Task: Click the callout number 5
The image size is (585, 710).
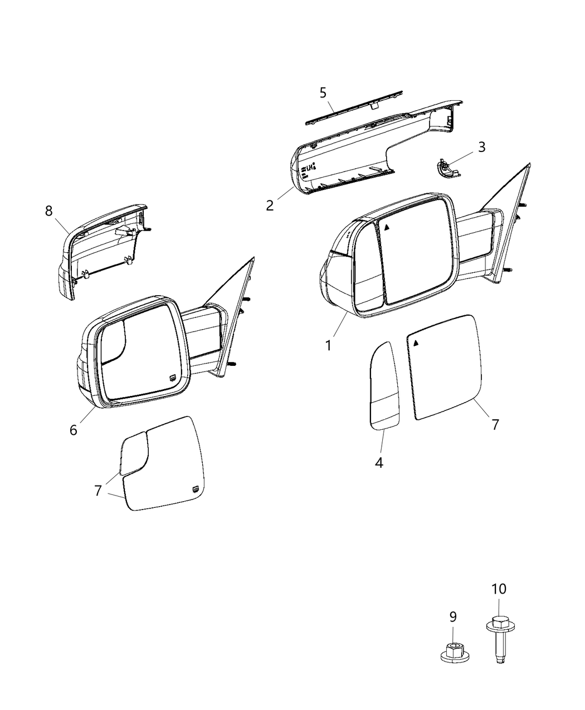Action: pyautogui.click(x=323, y=92)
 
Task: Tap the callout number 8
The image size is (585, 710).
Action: pyautogui.click(x=49, y=210)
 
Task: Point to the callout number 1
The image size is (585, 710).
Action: pyautogui.click(x=329, y=345)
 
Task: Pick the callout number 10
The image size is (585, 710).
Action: pyautogui.click(x=499, y=589)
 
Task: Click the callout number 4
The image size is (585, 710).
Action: pyautogui.click(x=379, y=462)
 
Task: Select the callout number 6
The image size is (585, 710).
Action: pyautogui.click(x=74, y=430)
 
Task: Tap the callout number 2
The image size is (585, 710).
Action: pyautogui.click(x=270, y=205)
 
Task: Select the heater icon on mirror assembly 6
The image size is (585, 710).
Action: pyautogui.click(x=173, y=378)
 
